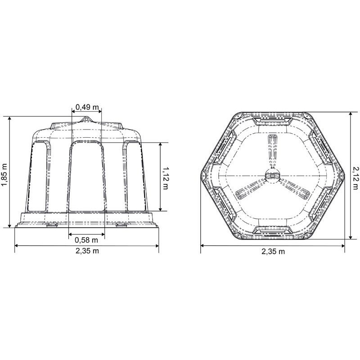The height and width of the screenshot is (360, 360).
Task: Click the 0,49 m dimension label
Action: (x=87, y=107)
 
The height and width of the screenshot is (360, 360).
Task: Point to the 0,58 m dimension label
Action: (x=86, y=240)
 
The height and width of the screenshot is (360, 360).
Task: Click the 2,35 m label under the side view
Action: (x=87, y=251)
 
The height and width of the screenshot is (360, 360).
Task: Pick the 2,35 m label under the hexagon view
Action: (x=273, y=252)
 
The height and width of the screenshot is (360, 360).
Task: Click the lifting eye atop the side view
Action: (x=86, y=119)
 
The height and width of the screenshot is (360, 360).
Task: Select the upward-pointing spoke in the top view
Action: (x=273, y=152)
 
